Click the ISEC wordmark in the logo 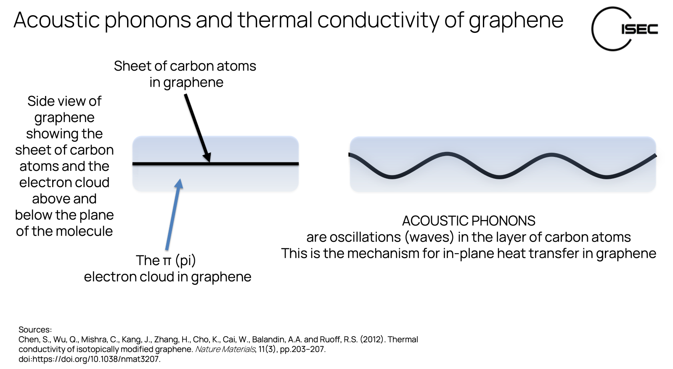(x=639, y=29)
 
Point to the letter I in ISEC (x=623, y=29)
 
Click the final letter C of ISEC (x=652, y=29)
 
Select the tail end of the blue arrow (x=167, y=249)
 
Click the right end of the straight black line (x=298, y=164)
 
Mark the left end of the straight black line (x=134, y=164)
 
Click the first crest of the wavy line (x=447, y=154)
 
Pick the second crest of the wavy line (x=551, y=154)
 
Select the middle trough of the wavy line (x=499, y=177)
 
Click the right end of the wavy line (x=655, y=156)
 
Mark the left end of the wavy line (x=350, y=155)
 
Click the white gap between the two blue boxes (x=324, y=164)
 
